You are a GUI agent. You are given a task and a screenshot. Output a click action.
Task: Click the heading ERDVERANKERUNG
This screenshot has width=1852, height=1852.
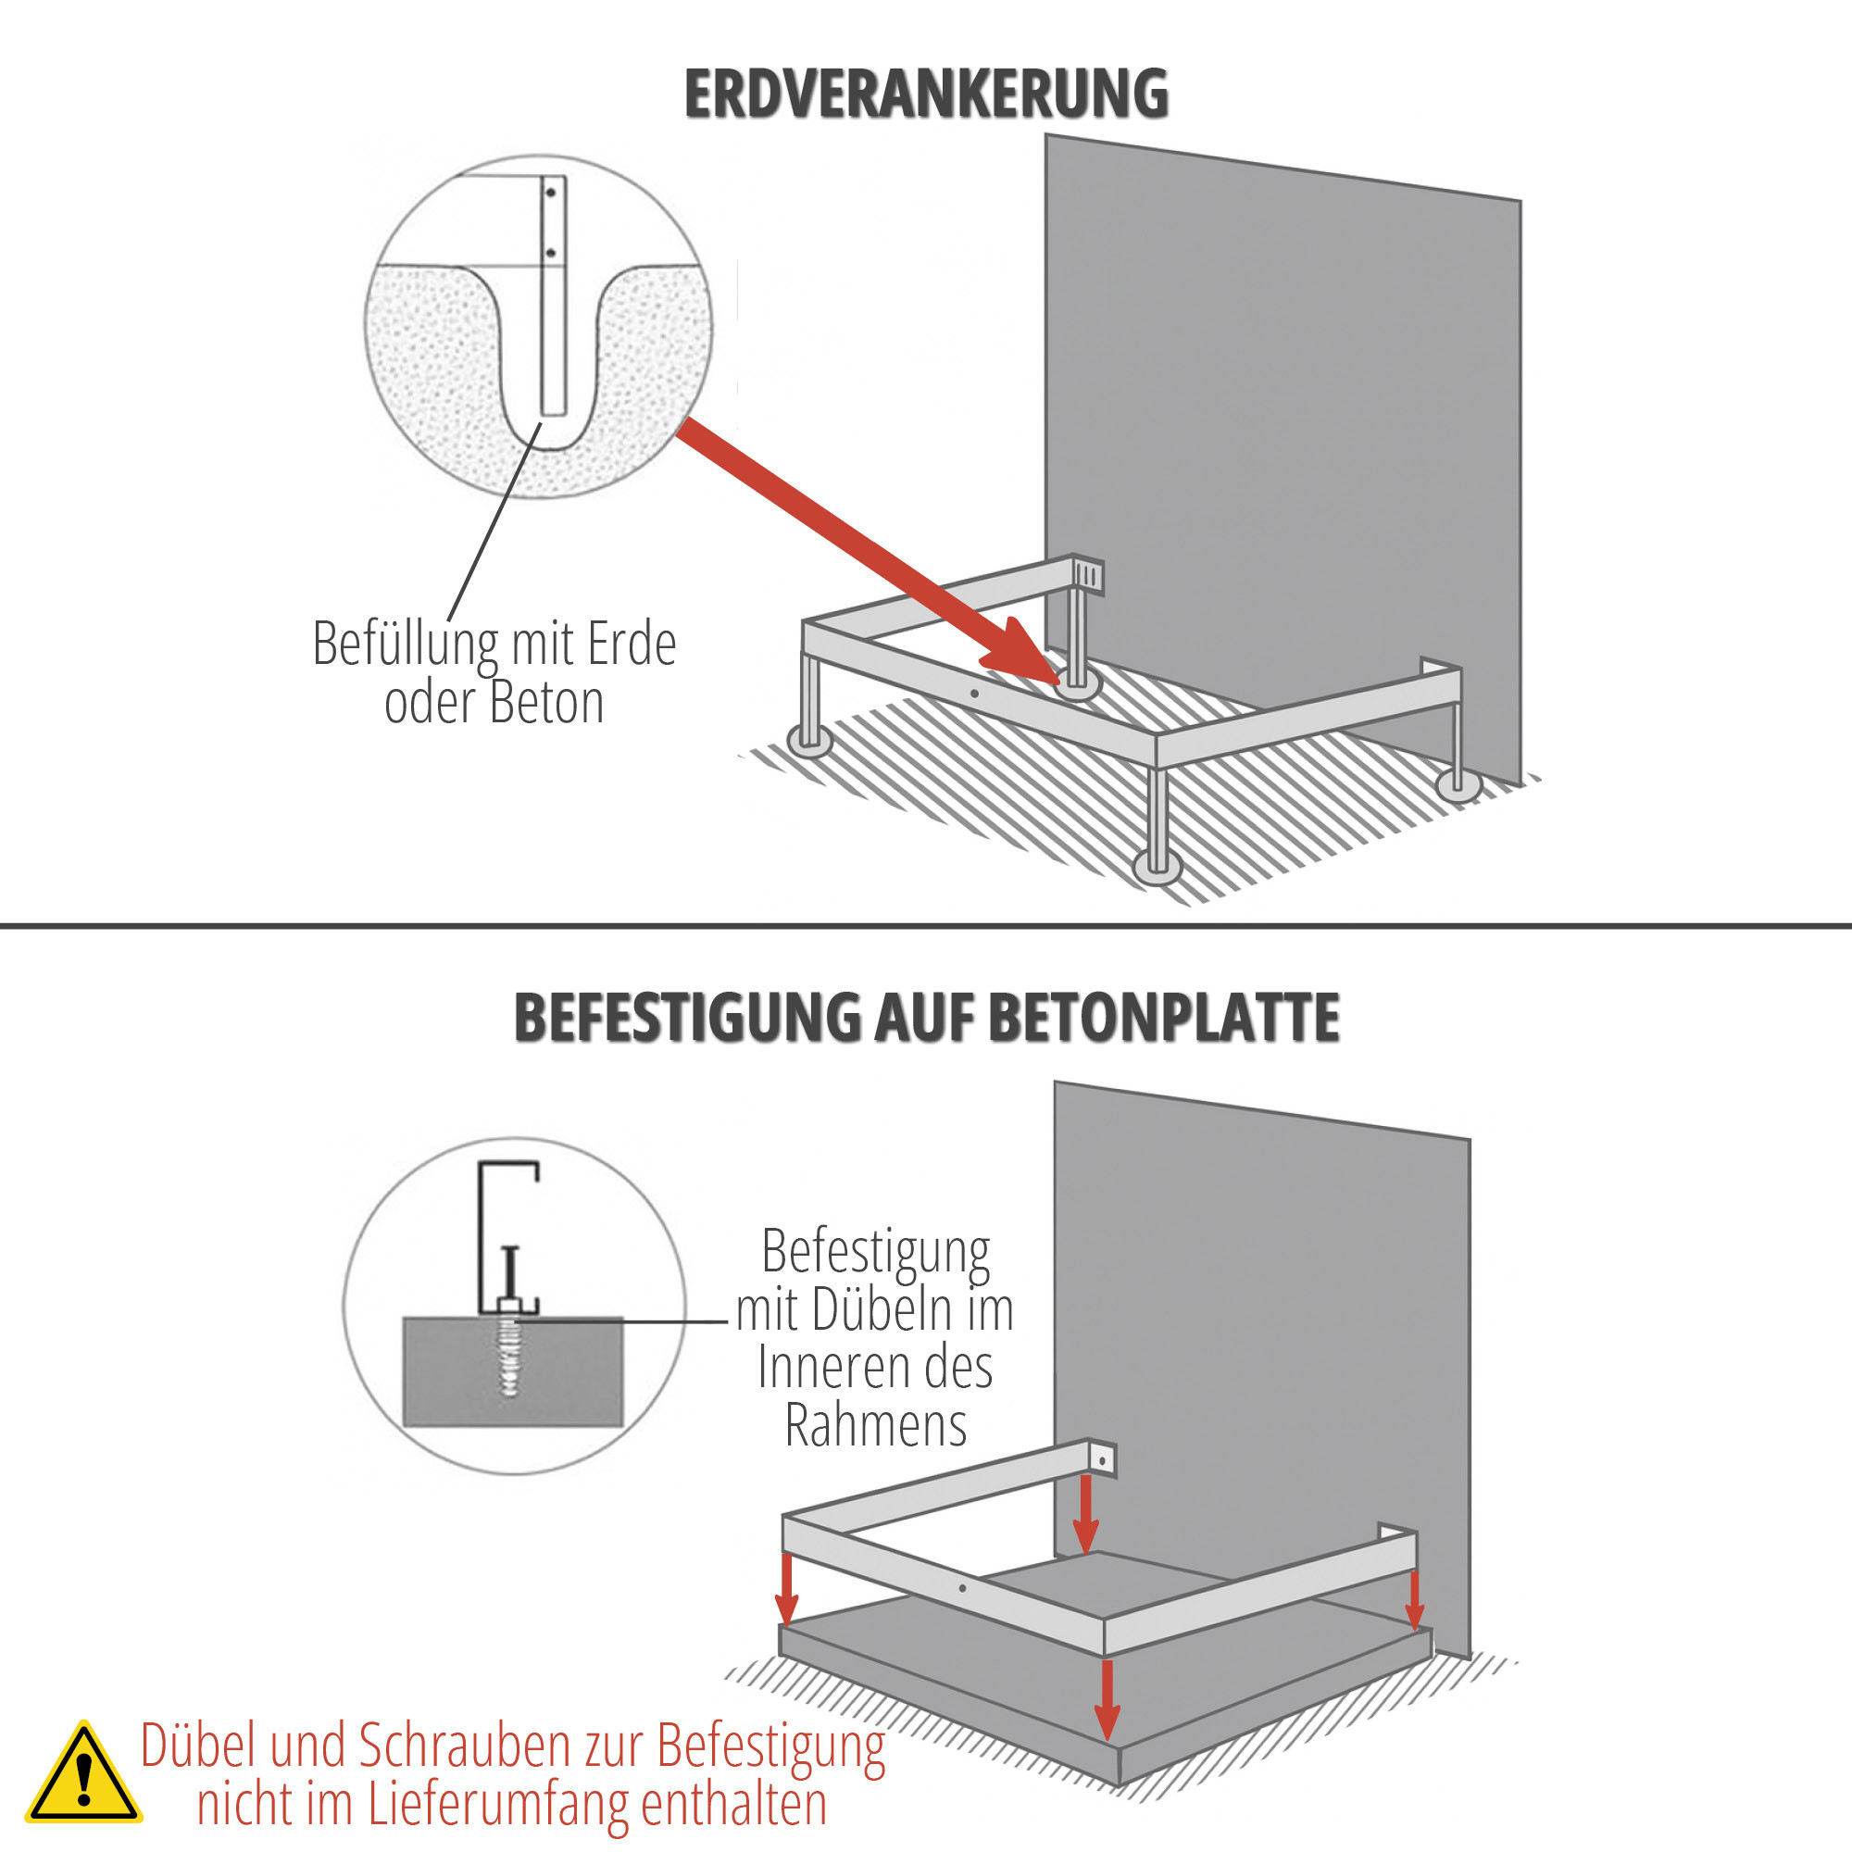[x=926, y=94]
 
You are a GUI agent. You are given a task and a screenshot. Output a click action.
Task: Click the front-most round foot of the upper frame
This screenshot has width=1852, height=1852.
[x=1157, y=868]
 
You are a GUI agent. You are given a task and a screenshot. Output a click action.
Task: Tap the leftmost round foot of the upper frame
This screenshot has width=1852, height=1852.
[x=810, y=741]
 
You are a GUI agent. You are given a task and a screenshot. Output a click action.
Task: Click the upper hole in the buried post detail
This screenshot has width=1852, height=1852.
[x=551, y=193]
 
